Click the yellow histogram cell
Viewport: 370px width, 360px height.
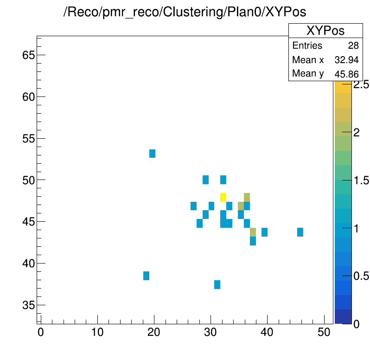[223, 197]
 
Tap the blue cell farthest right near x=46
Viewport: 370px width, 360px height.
[300, 232]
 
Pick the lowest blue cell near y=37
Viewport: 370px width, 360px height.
[217, 284]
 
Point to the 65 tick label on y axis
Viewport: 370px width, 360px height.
[28, 55]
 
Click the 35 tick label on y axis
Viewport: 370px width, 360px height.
[28, 305]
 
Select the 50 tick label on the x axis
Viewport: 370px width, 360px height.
[324, 332]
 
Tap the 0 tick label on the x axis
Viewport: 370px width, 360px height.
[41, 332]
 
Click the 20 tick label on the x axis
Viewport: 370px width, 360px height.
[154, 332]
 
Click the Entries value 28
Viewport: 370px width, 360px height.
[353, 46]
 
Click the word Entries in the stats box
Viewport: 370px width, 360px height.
[307, 46]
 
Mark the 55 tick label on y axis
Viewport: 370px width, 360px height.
[28, 139]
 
